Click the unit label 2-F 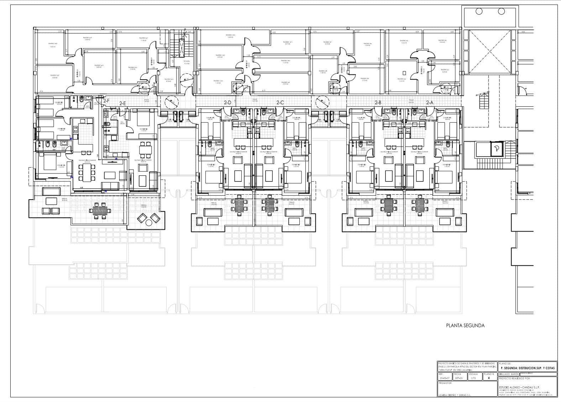(106, 101)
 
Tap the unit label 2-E (122, 104)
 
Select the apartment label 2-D (227, 103)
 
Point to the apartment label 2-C (280, 103)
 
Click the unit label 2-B (378, 103)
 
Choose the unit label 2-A (430, 103)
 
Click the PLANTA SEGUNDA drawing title (465, 325)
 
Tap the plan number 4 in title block (489, 378)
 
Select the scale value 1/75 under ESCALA (473, 379)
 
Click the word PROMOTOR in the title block (445, 383)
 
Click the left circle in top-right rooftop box (486, 11)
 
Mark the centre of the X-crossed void (489, 50)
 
